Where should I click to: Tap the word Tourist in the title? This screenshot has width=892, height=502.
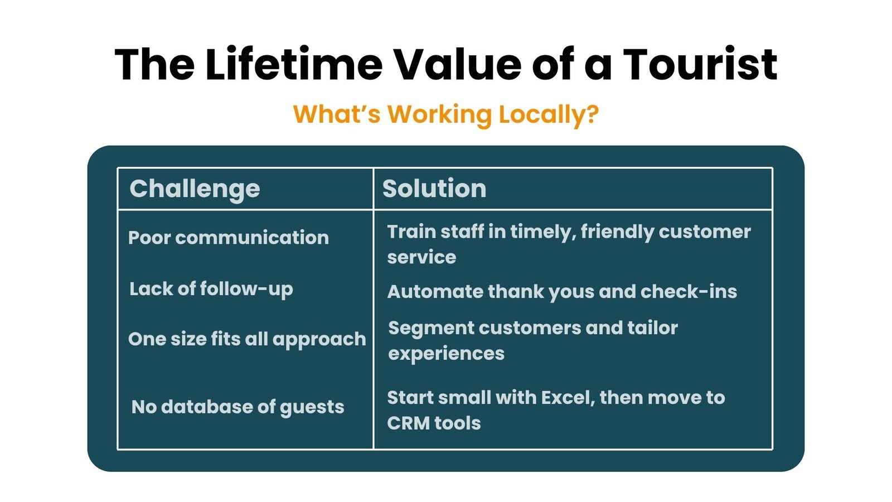click(x=700, y=64)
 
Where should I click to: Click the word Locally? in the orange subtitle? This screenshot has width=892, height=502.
click(x=549, y=115)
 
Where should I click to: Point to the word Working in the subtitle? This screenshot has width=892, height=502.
click(x=440, y=115)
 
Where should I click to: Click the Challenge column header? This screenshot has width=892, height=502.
click(x=195, y=189)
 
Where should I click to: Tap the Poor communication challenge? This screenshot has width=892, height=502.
click(x=229, y=238)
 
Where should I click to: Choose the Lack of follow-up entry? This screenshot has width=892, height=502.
click(x=211, y=289)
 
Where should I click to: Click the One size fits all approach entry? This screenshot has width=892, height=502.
click(x=247, y=340)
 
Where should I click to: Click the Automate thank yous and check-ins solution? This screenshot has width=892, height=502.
click(x=562, y=292)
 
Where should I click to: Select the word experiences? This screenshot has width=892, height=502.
click(x=447, y=354)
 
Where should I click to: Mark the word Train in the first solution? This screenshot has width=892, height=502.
click(x=411, y=232)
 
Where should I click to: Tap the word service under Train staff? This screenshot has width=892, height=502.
click(x=421, y=257)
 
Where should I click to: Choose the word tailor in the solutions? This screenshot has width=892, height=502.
click(x=653, y=328)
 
